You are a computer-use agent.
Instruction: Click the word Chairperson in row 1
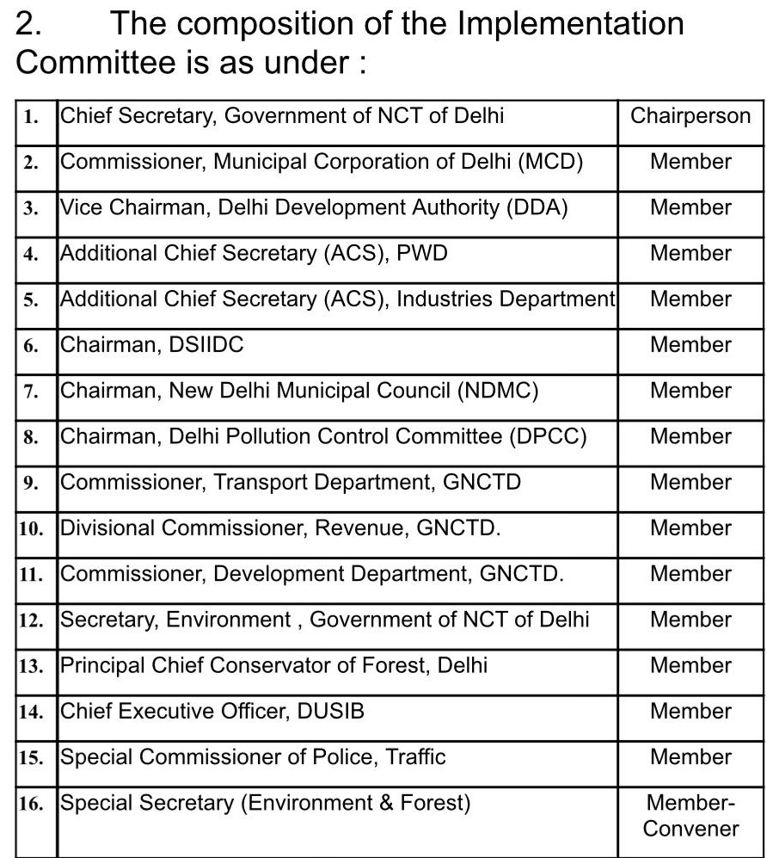click(x=690, y=116)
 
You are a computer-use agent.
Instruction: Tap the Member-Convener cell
click(x=690, y=816)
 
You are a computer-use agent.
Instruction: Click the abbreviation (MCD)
click(x=550, y=162)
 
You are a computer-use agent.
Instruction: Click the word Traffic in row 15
click(x=415, y=756)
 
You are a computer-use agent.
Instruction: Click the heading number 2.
click(x=28, y=24)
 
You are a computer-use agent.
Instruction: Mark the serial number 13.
click(x=31, y=666)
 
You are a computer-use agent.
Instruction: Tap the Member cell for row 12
click(x=690, y=620)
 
